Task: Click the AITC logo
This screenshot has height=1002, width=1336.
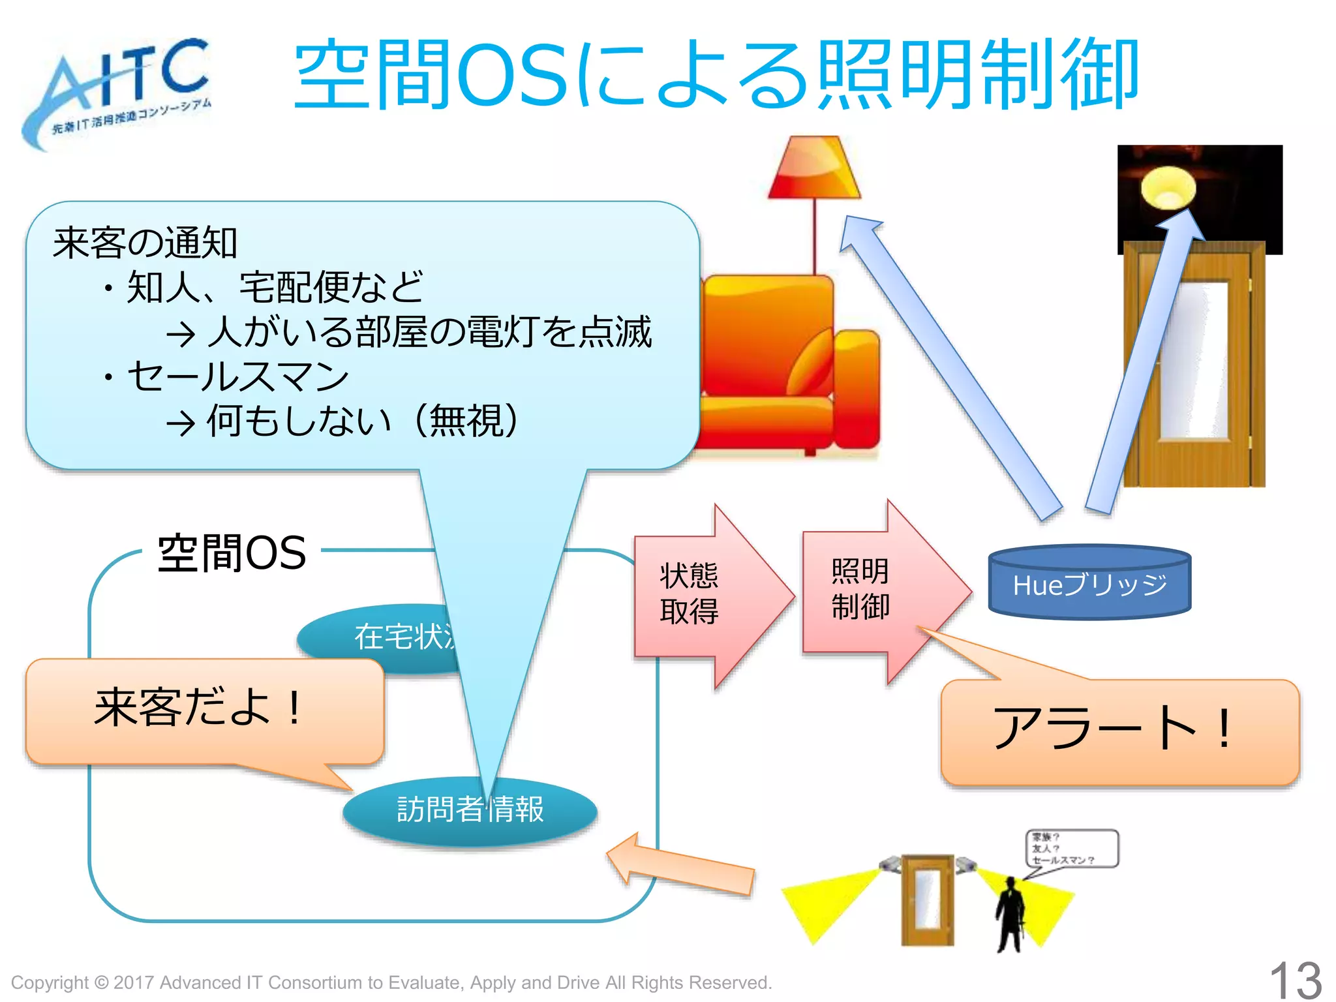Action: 117,91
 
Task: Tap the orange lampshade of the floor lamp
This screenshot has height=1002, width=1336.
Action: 814,168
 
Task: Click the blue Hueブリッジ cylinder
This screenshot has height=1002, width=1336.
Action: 1089,583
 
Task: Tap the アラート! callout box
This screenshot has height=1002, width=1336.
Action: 1119,731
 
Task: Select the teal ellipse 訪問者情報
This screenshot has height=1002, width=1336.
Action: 470,810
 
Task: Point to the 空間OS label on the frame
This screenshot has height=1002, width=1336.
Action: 232,553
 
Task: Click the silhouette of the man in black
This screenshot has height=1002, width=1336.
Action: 1010,913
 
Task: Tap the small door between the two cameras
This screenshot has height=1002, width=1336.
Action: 927,900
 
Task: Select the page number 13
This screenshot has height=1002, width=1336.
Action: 1295,979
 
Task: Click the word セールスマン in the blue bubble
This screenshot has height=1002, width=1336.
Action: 238,376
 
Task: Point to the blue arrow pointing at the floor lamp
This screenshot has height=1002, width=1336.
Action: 946,365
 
